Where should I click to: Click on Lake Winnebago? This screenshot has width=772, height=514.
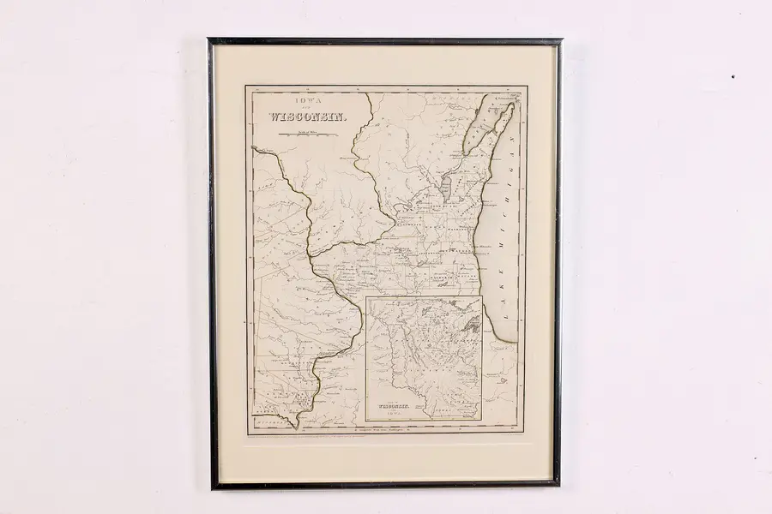click(x=446, y=188)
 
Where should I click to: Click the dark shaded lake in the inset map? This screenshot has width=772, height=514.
click(x=471, y=324)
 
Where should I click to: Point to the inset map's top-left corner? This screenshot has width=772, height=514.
click(x=366, y=297)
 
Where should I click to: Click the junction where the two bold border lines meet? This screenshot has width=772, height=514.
click(x=311, y=255)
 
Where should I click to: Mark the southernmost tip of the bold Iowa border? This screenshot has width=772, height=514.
click(x=297, y=426)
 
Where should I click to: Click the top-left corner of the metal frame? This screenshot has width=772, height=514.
click(x=209, y=39)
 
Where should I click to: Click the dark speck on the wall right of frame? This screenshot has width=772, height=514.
click(x=732, y=76)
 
